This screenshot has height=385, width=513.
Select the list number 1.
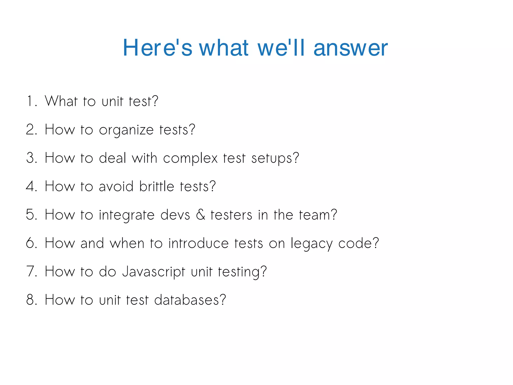point(30,101)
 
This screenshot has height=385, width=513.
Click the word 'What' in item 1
point(61,101)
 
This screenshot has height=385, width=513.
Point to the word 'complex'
point(190,159)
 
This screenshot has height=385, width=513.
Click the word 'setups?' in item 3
point(275,159)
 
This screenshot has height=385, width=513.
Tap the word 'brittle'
point(157,186)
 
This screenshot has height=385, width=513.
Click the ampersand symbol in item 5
point(200,215)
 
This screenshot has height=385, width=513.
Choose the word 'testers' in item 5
point(231,215)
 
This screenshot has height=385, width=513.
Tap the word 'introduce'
point(198,243)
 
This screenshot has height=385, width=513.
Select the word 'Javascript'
point(154,272)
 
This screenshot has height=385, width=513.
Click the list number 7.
point(31,272)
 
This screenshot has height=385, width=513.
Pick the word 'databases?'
point(190,300)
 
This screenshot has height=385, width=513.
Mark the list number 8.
point(31,300)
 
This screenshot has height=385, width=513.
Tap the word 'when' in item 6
point(127,243)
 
